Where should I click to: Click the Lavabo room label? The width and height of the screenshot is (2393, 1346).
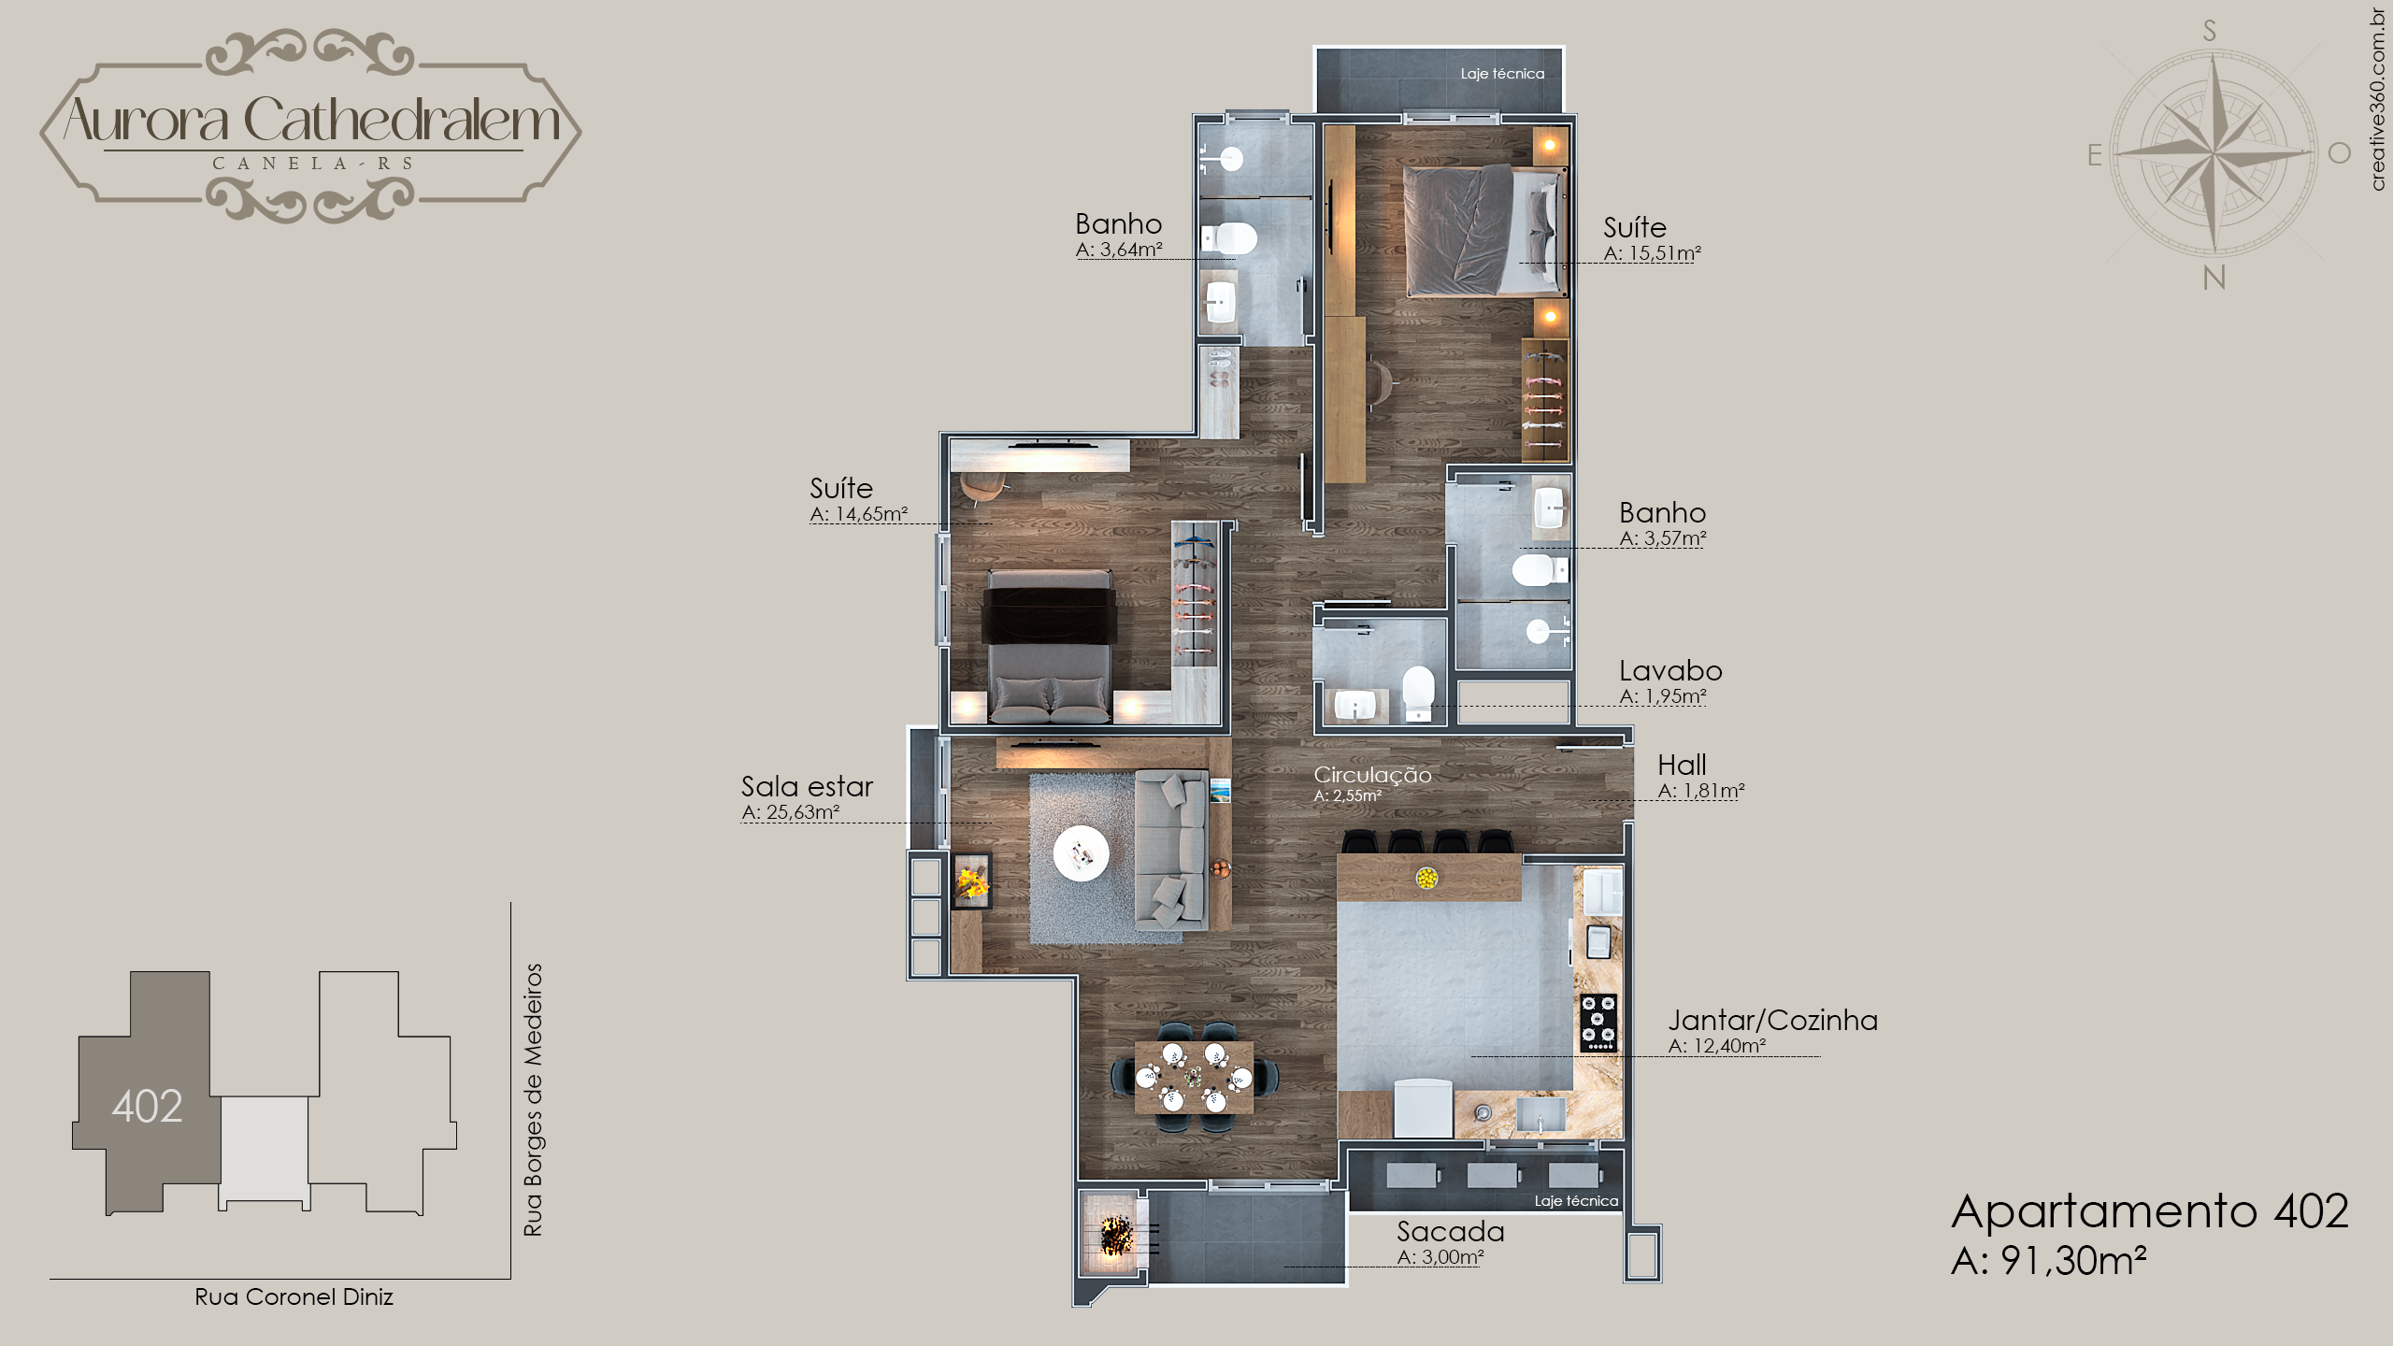pyautogui.click(x=1670, y=670)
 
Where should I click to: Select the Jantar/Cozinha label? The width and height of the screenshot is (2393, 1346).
pyautogui.click(x=1773, y=1021)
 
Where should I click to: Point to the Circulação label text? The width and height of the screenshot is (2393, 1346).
pyautogui.click(x=1372, y=775)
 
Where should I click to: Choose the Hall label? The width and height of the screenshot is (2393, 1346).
pyautogui.click(x=1682, y=765)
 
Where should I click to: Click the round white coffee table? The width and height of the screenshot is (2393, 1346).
pyautogui.click(x=1082, y=852)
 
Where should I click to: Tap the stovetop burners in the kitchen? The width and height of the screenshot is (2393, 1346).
pyautogui.click(x=1598, y=1022)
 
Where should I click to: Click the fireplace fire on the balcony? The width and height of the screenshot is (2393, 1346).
pyautogui.click(x=1116, y=1236)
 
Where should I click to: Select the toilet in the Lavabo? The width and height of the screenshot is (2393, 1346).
pyautogui.click(x=1418, y=691)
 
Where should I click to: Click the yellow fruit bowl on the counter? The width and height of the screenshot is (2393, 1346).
pyautogui.click(x=1426, y=878)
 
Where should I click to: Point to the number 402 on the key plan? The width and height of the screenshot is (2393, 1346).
pyautogui.click(x=147, y=1106)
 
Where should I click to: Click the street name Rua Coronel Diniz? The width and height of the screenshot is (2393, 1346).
pyautogui.click(x=294, y=1296)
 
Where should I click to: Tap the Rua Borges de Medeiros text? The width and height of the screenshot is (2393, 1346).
pyautogui.click(x=533, y=1100)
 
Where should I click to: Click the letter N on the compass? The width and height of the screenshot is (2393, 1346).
pyautogui.click(x=2214, y=278)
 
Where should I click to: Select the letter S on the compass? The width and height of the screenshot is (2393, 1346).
pyautogui.click(x=2210, y=31)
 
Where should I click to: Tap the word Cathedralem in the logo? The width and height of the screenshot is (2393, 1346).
pyautogui.click(x=402, y=121)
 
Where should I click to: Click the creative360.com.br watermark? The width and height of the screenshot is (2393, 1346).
pyautogui.click(x=2377, y=99)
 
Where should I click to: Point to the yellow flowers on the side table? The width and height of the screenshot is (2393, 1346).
pyautogui.click(x=972, y=881)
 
